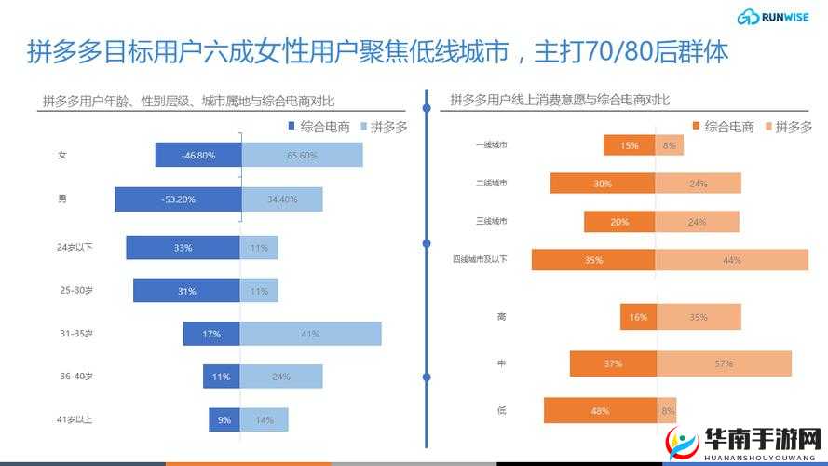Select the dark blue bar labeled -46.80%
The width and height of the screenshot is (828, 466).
(198, 155)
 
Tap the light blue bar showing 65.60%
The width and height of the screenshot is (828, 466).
(302, 155)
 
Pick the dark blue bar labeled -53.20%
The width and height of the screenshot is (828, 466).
(178, 199)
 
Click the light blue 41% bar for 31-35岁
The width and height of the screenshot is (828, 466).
(311, 334)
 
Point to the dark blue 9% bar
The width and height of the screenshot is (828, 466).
(224, 419)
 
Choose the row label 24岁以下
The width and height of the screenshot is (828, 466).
(75, 247)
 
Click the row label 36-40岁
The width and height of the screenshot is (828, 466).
(76, 377)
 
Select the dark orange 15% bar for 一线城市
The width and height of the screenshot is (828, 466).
(629, 145)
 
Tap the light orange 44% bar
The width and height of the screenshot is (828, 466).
(731, 260)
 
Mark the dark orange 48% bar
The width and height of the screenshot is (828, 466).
(600, 410)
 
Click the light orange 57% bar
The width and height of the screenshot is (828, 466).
(724, 363)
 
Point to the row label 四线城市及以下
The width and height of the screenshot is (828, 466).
(480, 258)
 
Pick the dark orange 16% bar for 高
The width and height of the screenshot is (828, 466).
(638, 317)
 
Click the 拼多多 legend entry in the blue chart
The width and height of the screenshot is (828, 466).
(384, 127)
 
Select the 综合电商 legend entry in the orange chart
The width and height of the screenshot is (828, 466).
(723, 127)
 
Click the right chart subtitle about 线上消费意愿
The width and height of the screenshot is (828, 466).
(561, 100)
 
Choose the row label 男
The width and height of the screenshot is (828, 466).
(62, 198)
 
